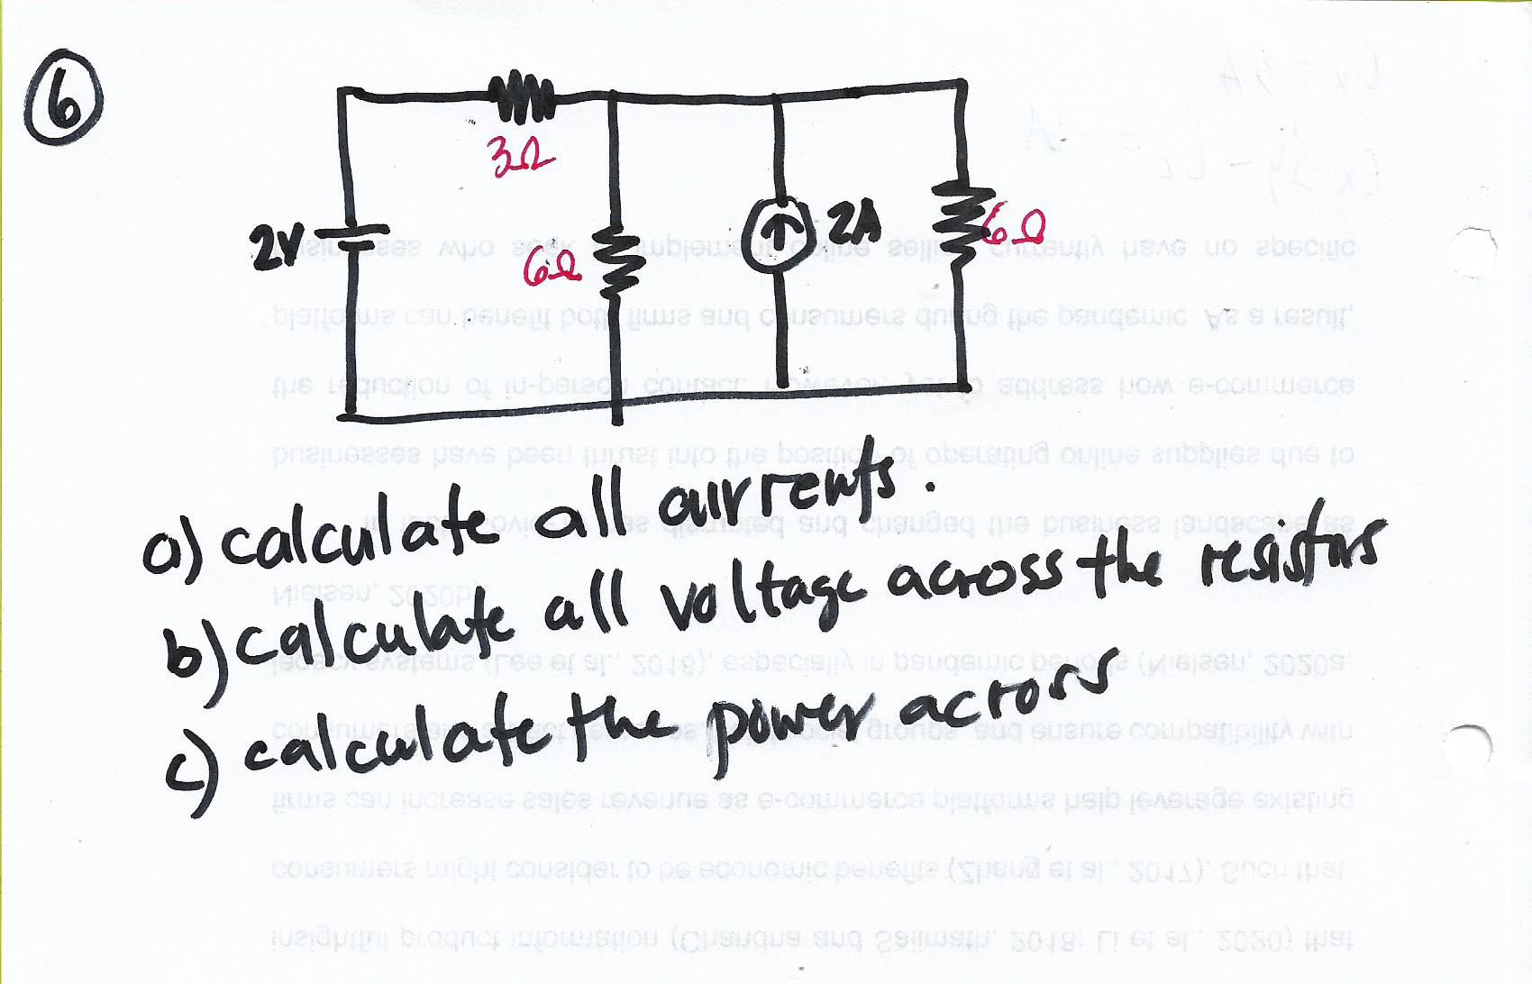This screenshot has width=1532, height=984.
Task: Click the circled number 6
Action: click(x=65, y=107)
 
